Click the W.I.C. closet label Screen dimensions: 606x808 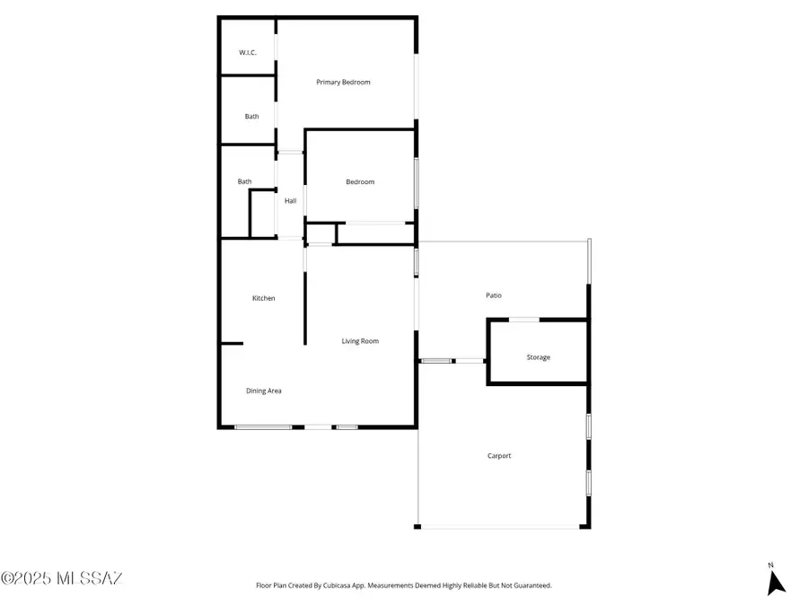(248, 53)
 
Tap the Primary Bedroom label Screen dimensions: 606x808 (343, 83)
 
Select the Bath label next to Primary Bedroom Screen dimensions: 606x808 (252, 117)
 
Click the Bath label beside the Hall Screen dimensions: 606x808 (244, 182)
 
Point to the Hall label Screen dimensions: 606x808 (291, 201)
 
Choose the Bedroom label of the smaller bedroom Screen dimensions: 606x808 (360, 182)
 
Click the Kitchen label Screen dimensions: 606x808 (263, 298)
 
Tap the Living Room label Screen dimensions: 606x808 (360, 341)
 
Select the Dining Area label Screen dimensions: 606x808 (264, 391)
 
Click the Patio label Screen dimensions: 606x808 (494, 295)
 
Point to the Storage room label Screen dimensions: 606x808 (538, 357)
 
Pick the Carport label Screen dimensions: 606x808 (499, 456)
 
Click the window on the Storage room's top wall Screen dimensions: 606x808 (524, 319)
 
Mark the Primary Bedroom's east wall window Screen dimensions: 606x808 (415, 87)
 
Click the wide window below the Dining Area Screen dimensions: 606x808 (263, 426)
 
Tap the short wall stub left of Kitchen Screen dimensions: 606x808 (232, 343)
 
